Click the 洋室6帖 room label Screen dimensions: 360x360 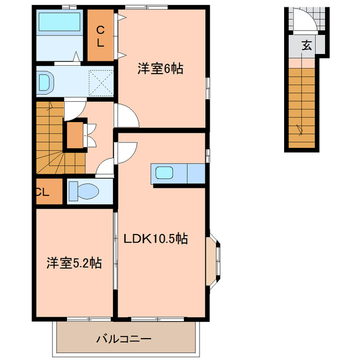(161, 69)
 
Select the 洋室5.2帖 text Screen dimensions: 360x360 (74, 263)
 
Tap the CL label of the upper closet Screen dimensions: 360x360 (101, 37)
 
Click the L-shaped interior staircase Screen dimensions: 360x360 (53, 146)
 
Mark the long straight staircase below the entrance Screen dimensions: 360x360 (302, 104)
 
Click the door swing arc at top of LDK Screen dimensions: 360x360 (126, 152)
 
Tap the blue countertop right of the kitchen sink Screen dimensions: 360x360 (195, 173)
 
